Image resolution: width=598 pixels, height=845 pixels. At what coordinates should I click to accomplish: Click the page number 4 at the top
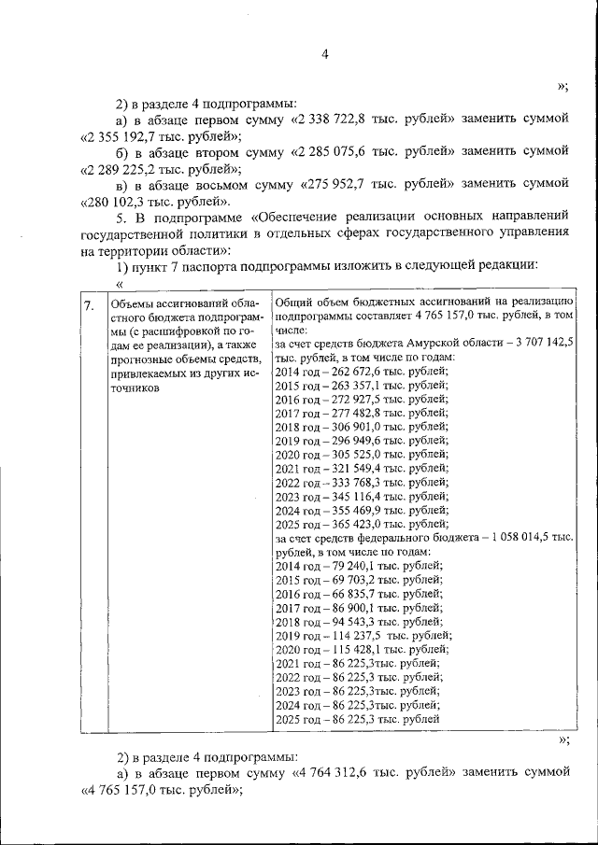(x=325, y=54)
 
